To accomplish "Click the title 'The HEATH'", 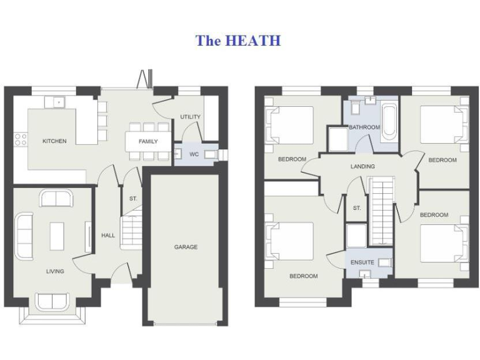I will click(238, 41).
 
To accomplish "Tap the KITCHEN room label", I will click(54, 141).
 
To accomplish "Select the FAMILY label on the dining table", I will click(148, 141).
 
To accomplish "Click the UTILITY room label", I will click(190, 117).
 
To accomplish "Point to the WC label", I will click(194, 154).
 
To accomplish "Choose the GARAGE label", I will click(186, 247).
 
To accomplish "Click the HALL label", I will click(108, 236).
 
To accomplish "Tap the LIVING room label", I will click(55, 271).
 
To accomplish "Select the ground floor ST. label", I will click(132, 199).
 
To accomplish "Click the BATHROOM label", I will click(364, 127).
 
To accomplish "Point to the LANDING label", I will click(362, 166).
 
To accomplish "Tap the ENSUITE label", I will click(362, 262).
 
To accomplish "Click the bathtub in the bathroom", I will click(388, 122).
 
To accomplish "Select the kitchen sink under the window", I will click(58, 101).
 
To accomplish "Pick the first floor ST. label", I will click(357, 208).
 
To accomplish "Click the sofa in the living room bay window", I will click(52, 302).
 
